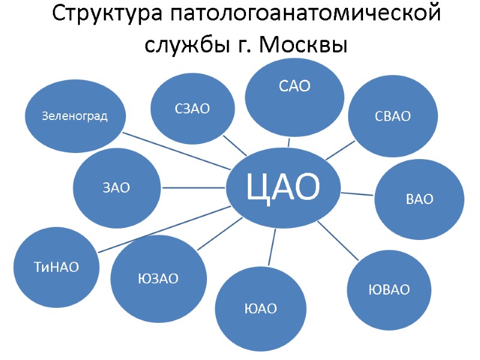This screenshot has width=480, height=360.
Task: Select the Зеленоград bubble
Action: [74, 116]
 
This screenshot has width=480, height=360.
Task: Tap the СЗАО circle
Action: [192, 109]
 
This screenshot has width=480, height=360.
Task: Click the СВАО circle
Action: [392, 115]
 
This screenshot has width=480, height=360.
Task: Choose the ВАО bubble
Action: [419, 199]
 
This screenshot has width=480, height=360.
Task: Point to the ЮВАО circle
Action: [389, 290]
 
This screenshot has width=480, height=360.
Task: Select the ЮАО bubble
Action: [260, 308]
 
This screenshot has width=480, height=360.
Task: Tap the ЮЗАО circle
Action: [158, 279]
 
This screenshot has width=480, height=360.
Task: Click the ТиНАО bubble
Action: [56, 266]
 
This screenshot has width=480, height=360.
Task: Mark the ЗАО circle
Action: [116, 188]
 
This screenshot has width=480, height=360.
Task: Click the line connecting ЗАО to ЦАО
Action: [192, 188]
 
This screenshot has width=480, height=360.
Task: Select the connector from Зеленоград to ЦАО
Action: [177, 151]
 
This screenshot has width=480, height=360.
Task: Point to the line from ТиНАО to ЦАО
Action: [165, 229]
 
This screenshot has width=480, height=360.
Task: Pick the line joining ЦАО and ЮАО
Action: [272, 247]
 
